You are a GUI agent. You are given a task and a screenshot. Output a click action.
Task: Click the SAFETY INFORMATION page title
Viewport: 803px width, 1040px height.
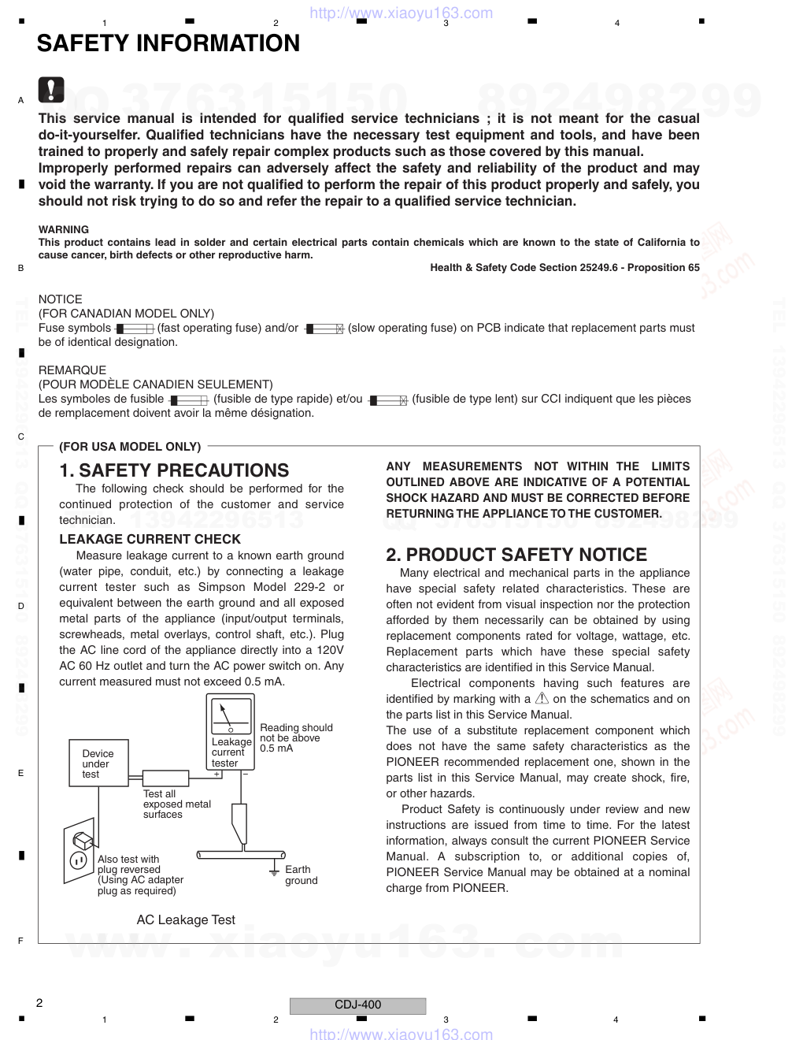168,43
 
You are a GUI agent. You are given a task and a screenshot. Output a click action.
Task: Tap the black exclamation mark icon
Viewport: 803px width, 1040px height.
51,90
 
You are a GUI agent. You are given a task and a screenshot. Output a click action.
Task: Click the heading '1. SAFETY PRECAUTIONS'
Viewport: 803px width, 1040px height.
174,470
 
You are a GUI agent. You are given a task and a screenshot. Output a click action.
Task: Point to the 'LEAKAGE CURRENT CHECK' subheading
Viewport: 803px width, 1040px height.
150,539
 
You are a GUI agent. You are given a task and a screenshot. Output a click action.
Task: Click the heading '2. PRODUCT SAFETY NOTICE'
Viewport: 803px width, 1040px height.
516,555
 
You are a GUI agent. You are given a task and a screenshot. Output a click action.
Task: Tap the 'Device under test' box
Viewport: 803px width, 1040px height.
97,763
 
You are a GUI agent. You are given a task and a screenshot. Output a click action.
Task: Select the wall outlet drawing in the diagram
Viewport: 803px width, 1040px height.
79,850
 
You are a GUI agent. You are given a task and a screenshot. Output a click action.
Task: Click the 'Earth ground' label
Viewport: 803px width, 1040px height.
301,875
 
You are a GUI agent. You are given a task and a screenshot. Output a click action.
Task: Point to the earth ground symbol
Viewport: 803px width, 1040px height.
274,870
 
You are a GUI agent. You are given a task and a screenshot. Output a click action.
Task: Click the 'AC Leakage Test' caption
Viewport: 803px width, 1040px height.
186,919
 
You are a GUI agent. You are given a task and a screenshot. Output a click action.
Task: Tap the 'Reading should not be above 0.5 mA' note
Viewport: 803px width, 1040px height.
296,738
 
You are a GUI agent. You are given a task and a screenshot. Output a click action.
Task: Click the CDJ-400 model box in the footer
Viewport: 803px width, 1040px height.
357,1005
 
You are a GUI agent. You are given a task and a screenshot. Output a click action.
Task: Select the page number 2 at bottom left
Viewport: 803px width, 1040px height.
39,1003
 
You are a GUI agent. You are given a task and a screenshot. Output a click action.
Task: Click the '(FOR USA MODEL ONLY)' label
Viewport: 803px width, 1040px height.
130,447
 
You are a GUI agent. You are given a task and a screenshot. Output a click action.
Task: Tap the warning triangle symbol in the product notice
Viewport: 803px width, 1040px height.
542,698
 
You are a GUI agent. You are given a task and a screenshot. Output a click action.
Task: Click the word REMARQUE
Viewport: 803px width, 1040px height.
72,370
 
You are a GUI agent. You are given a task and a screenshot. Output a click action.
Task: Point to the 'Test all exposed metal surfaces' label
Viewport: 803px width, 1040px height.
176,804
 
